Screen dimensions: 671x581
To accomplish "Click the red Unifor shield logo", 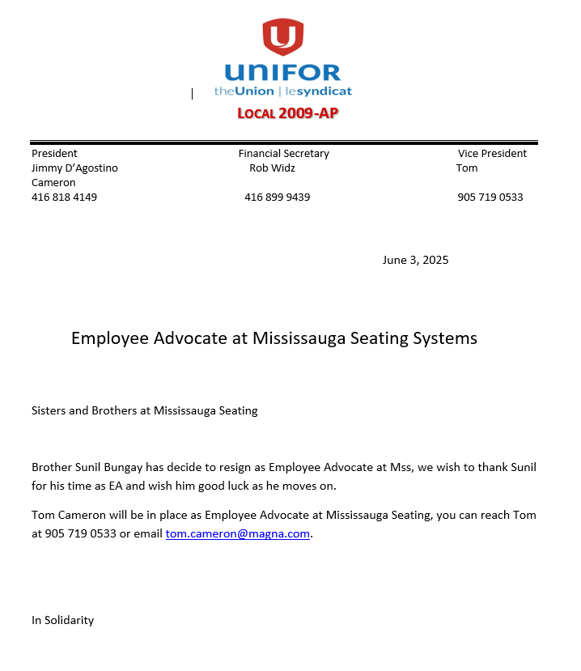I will (x=283, y=36).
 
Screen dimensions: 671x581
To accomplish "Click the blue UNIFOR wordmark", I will (x=282, y=72).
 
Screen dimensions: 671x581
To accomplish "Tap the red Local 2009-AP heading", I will (x=287, y=113).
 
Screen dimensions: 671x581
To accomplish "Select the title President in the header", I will (x=54, y=153).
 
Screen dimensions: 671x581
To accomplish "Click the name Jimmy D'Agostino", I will (x=74, y=168).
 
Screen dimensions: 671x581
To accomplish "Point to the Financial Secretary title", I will (x=283, y=153).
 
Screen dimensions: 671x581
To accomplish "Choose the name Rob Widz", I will (x=272, y=168).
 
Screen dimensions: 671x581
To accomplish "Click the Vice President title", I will (x=492, y=153).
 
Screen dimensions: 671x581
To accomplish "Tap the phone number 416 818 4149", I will (x=64, y=197).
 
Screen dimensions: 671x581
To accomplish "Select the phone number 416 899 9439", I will (x=277, y=197).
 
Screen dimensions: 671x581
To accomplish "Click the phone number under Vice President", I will (x=490, y=197).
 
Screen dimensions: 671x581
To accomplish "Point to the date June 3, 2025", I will (x=415, y=260).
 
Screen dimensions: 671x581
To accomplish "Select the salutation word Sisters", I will (x=49, y=410).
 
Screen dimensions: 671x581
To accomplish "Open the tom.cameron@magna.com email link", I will (x=238, y=534).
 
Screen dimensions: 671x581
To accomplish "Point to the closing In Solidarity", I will (x=62, y=620).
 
